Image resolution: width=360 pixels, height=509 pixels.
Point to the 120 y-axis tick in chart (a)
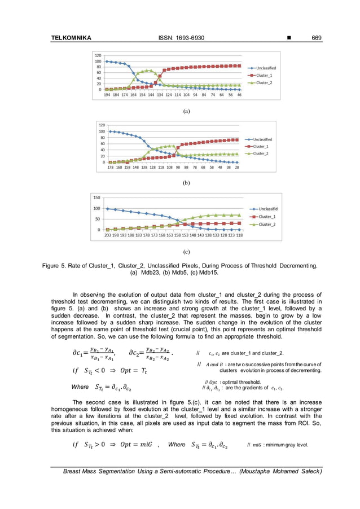(98, 56)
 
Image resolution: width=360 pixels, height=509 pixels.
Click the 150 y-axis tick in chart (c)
(97, 198)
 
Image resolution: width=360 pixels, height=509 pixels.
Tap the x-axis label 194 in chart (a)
(107, 95)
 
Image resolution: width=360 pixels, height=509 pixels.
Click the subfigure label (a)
(186, 112)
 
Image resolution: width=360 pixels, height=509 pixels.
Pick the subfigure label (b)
(186, 183)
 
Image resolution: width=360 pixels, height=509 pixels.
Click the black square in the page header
(289, 38)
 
